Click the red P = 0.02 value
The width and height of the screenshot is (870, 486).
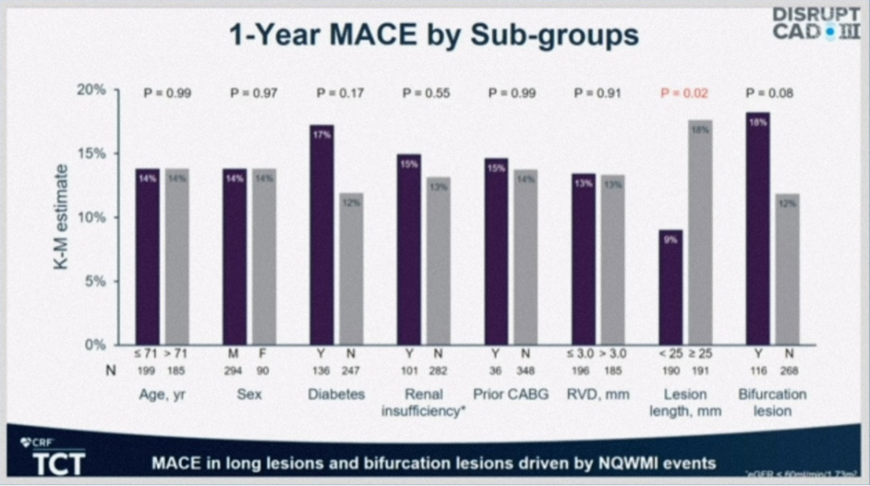[684, 93]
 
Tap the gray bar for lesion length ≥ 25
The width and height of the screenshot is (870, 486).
[700, 233]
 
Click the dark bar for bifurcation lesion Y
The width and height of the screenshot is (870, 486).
[757, 229]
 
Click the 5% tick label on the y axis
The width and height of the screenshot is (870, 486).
[95, 281]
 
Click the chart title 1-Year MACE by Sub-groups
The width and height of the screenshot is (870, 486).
[433, 35]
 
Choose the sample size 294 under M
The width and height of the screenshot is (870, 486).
[234, 371]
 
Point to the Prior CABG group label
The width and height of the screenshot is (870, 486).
[510, 394]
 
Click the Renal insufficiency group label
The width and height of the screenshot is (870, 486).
[423, 402]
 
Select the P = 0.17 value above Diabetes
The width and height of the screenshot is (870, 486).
[337, 93]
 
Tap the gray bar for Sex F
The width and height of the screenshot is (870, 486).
[264, 257]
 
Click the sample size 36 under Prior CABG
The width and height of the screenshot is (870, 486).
[496, 371]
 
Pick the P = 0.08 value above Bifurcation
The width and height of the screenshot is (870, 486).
[769, 93]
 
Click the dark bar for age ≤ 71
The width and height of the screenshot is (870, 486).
[147, 257]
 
